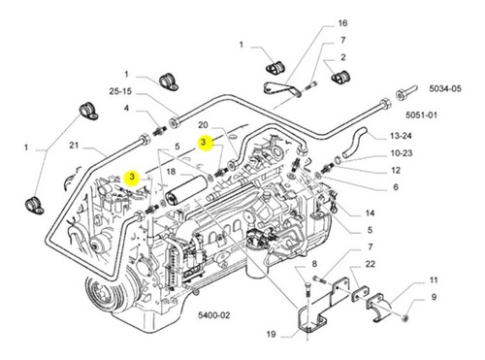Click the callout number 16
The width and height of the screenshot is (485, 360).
tap(342, 23)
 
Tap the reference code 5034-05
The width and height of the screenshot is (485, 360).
tap(445, 88)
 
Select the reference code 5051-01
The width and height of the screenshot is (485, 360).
tap(421, 115)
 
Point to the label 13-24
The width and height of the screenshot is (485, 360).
tap(401, 136)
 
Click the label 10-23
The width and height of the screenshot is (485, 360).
tap(402, 153)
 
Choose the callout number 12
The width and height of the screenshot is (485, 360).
tap(396, 170)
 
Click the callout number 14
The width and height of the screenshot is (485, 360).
tap(370, 213)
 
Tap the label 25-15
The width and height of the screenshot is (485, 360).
tap(120, 91)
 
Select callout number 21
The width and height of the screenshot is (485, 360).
tap(74, 146)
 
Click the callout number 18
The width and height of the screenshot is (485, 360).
tap(171, 172)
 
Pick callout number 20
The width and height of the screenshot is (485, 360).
tap(203, 125)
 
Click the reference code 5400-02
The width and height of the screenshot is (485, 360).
tap(214, 315)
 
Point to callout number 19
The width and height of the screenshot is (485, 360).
tap(271, 334)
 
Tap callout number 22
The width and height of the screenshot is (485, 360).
tap(370, 264)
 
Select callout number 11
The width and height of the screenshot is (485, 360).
tap(434, 280)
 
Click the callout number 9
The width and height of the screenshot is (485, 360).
tap(434, 297)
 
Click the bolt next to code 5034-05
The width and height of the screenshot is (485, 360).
tap(406, 91)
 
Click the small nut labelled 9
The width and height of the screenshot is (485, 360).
tap(404, 318)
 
